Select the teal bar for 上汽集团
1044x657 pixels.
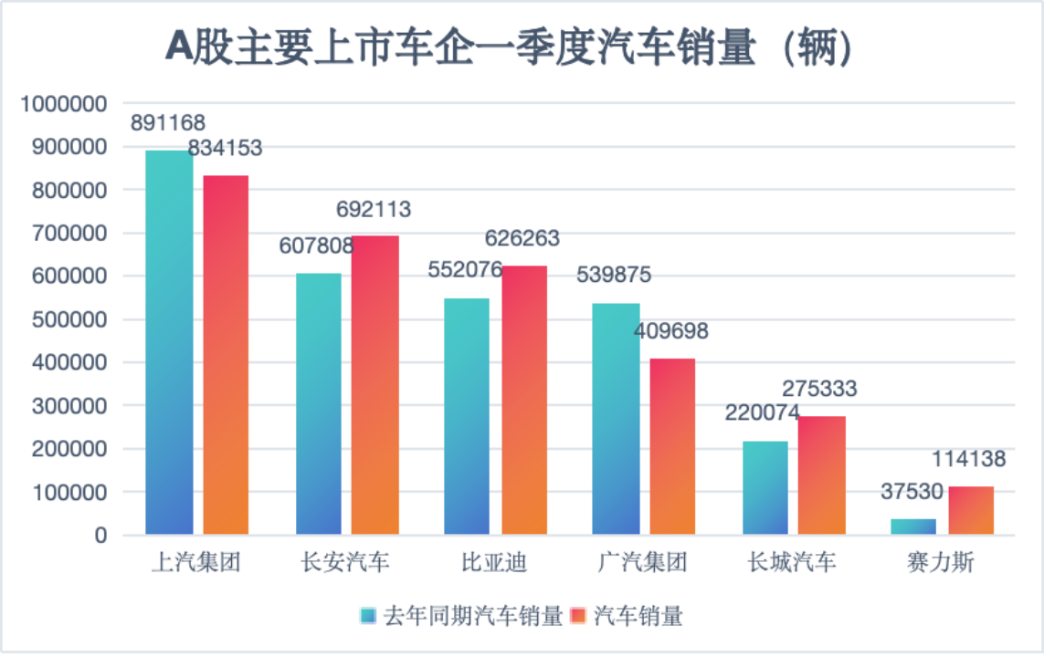[x=169, y=342]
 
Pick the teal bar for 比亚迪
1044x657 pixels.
[x=467, y=416]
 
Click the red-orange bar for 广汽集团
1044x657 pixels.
[x=672, y=446]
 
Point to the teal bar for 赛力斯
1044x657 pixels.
[x=913, y=527]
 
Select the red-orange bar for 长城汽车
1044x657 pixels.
[x=821, y=474]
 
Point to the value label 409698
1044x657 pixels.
[x=671, y=331]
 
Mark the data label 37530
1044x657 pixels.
[x=912, y=492]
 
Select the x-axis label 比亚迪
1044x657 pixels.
[x=494, y=562]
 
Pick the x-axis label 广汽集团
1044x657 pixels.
[x=643, y=562]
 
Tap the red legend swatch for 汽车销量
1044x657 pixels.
[x=577, y=616]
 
